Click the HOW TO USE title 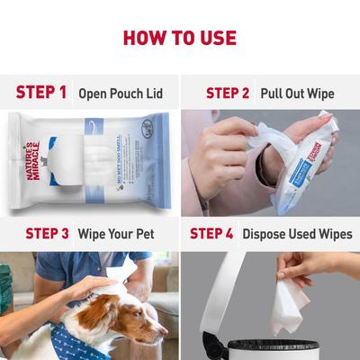click(x=180, y=38)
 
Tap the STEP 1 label click(x=41, y=92)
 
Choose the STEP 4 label click(x=211, y=233)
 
